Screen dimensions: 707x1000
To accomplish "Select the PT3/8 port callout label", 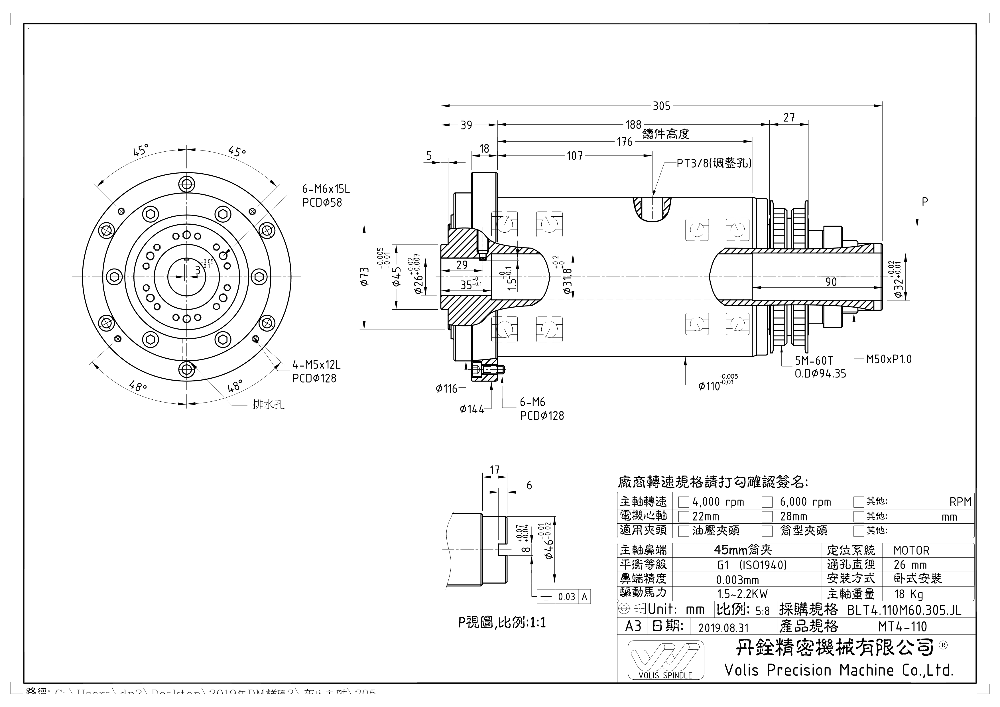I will (714, 163).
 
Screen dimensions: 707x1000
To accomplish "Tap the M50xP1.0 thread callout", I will (889, 359).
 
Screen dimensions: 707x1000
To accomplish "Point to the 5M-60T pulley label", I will (814, 361).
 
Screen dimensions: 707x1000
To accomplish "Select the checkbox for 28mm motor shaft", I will (767, 517).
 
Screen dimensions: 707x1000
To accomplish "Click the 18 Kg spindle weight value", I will (908, 594).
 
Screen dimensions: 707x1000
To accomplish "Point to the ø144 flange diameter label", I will (472, 409).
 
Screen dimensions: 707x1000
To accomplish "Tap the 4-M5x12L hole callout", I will (316, 365).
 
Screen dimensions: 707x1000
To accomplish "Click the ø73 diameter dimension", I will (365, 277).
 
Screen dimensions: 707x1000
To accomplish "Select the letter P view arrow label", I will (925, 202).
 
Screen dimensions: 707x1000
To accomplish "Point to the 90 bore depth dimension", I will (831, 282).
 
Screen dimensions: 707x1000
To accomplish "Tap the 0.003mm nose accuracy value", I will (737, 580).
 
